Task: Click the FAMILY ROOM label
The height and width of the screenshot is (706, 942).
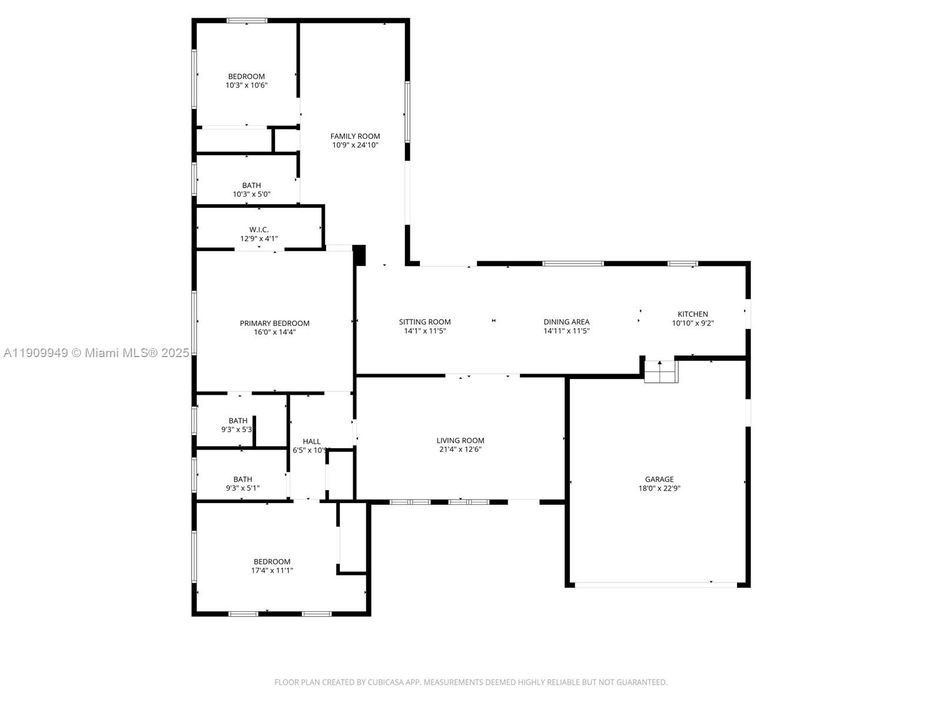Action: pos(355,136)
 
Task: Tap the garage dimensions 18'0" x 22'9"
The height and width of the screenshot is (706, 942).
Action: pos(659,488)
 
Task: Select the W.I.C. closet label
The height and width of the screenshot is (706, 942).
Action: pos(258,229)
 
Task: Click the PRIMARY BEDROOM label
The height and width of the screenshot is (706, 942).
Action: pos(274,323)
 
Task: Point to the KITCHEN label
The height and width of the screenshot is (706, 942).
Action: pos(692,314)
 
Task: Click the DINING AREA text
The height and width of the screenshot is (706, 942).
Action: pos(566,322)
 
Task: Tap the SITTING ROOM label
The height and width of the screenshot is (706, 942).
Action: pos(424,322)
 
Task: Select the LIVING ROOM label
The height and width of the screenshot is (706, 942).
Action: pos(460,440)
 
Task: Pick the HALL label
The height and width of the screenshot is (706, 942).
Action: pos(311,441)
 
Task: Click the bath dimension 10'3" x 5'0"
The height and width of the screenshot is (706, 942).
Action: pos(251,194)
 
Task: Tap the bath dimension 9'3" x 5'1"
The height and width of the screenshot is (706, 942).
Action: pos(243,488)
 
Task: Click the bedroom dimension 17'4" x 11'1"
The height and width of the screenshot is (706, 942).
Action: pos(272,570)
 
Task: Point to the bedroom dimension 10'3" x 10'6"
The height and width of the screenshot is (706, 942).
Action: pos(247,85)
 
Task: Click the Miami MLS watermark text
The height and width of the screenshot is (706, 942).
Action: pos(96,352)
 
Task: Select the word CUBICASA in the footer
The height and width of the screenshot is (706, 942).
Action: pos(385,682)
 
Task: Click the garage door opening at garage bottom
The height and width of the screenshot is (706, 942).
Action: pos(655,585)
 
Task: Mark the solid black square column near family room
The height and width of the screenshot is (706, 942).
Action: pos(359,255)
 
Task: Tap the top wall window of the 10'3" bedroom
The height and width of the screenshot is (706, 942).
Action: pos(247,21)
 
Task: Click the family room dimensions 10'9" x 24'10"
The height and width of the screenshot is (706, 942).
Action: pos(355,145)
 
